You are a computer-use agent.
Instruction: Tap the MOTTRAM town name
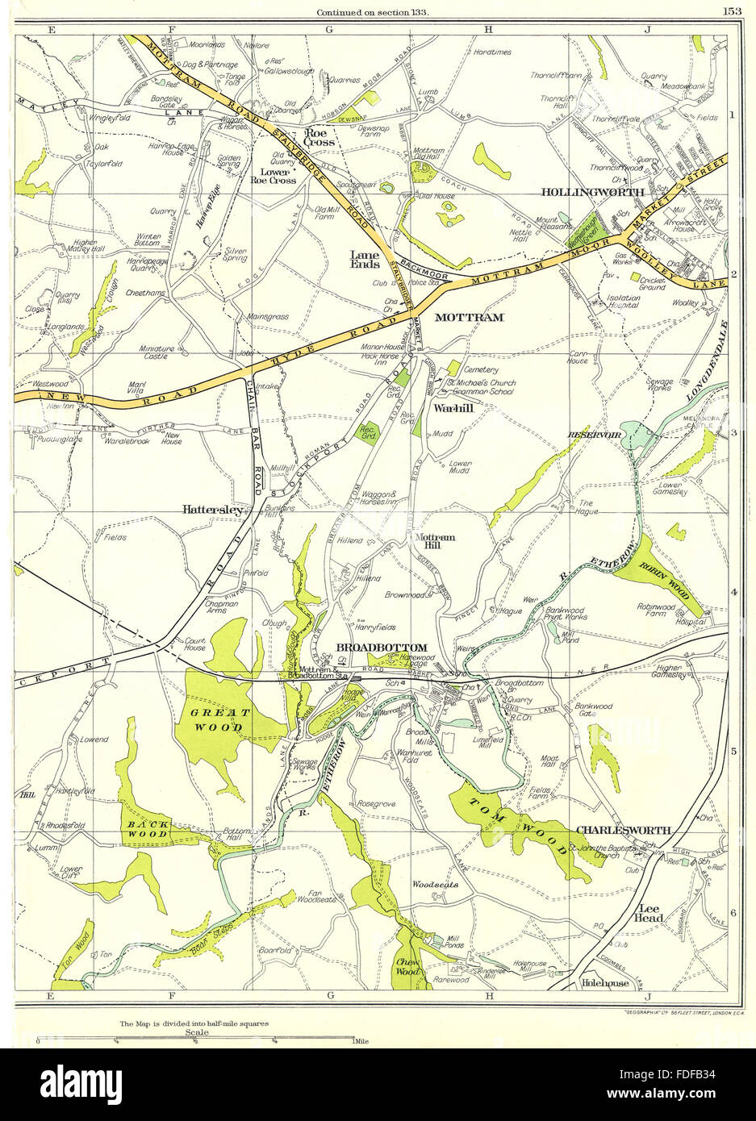point(470,318)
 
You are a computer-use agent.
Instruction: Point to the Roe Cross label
point(320,138)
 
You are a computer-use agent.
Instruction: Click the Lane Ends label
point(363,258)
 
